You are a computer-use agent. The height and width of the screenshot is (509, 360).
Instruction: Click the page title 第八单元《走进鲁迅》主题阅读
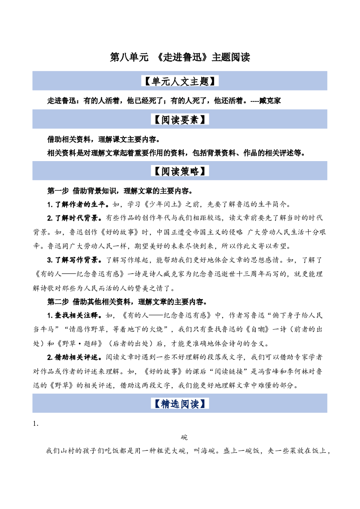pos(180,57)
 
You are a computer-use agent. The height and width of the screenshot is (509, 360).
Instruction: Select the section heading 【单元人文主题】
pos(180,81)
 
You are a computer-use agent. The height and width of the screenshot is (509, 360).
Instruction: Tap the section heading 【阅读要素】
pos(180,119)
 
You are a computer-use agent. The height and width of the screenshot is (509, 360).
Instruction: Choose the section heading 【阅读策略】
pos(180,171)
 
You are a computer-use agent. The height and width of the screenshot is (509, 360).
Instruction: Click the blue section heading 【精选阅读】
pos(180,404)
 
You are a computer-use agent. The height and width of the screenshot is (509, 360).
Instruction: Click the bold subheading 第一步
pos(58,191)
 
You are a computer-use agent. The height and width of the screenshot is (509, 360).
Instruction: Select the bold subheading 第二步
pos(58,302)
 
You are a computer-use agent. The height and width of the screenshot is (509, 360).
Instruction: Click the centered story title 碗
pos(184,437)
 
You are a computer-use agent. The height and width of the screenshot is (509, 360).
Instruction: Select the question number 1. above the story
pos(36,424)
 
